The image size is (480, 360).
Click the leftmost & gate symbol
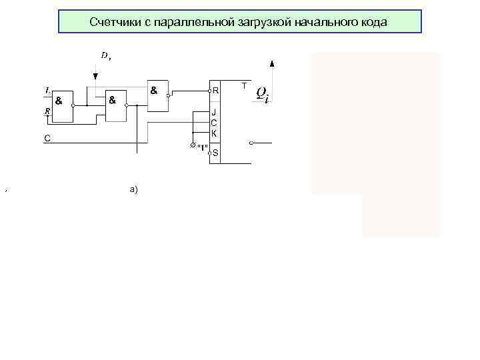coord(59,101)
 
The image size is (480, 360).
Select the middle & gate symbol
coord(112,101)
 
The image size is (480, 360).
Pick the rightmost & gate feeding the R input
coord(154,89)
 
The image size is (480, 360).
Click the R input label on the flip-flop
coord(215,90)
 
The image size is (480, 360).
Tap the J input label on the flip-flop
coord(214,113)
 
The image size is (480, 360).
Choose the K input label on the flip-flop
coord(214,133)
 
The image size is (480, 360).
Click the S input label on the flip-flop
coord(215,153)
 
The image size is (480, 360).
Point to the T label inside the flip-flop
coord(244,87)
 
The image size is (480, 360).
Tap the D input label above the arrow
coord(105,56)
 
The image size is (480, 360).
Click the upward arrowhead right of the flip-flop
coord(272,63)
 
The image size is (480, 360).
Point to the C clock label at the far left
coord(47,139)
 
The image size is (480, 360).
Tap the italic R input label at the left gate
coord(47,111)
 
